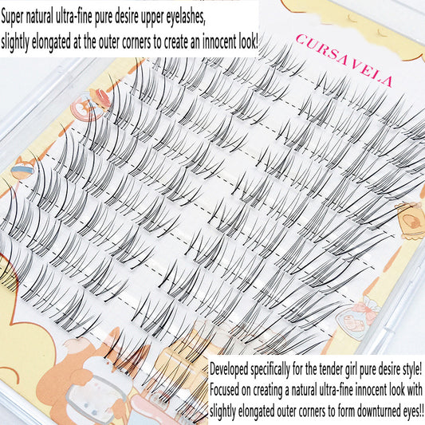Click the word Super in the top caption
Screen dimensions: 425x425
13,17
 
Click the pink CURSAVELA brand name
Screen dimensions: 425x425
344,60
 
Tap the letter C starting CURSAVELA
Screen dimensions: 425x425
301,40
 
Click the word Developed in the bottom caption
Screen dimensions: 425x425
229,370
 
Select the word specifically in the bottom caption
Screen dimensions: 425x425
270,370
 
